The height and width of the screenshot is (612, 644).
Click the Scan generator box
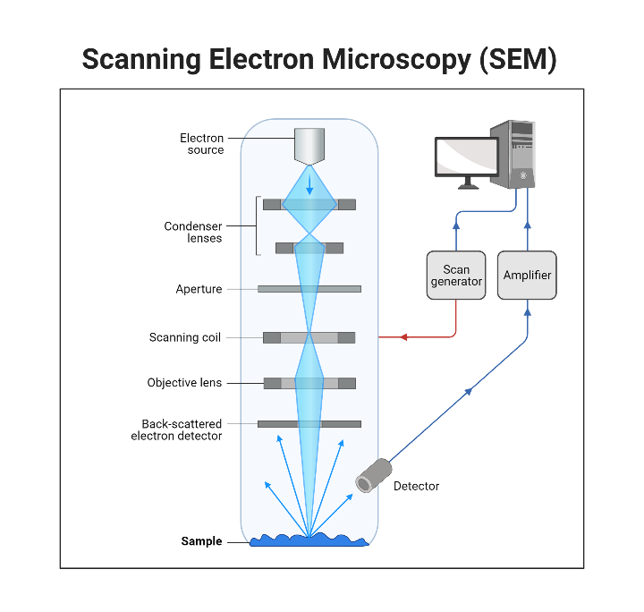(456, 275)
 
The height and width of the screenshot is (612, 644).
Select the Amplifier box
(528, 275)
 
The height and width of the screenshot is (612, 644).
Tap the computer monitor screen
(467, 157)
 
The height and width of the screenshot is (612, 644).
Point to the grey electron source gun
(309, 148)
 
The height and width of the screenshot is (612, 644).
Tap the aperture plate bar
(309, 289)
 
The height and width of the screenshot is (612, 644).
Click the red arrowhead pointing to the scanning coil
(403, 337)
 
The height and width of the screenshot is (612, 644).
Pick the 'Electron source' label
(201, 144)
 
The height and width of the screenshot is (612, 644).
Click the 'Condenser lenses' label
(192, 233)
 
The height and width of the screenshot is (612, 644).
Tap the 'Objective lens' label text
(184, 383)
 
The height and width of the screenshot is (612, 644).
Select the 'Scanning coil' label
(185, 337)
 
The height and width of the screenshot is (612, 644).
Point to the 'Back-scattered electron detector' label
(176, 429)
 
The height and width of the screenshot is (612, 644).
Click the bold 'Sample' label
(201, 541)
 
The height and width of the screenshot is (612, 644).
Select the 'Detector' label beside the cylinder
(416, 486)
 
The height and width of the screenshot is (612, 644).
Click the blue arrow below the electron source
(309, 184)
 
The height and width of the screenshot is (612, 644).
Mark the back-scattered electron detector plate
(309, 423)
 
